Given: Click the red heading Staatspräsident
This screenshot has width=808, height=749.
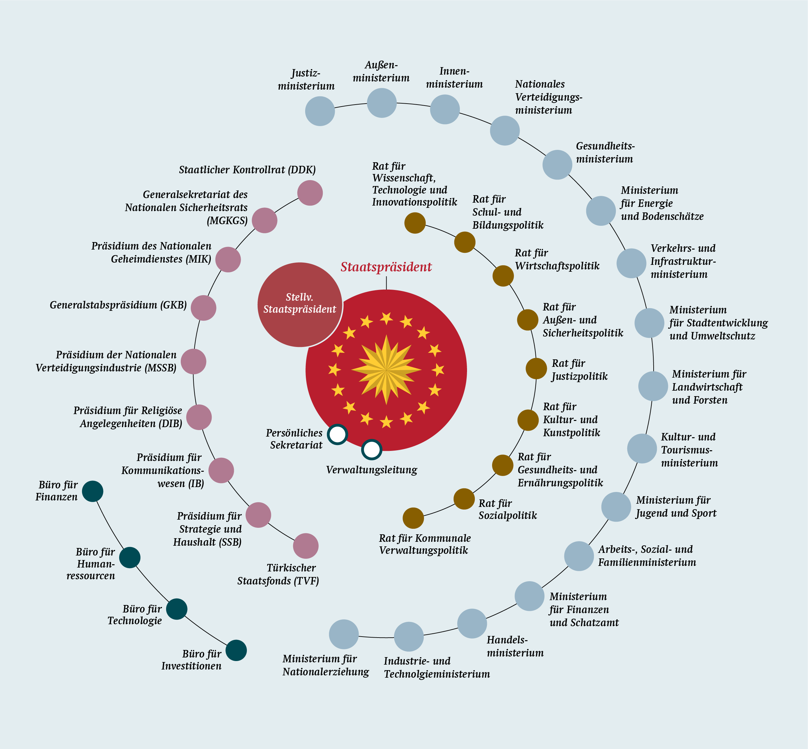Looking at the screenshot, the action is [x=386, y=267].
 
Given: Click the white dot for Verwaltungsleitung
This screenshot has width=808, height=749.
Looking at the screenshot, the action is [x=372, y=450].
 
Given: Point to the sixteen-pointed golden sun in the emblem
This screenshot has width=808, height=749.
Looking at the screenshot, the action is [x=386, y=370].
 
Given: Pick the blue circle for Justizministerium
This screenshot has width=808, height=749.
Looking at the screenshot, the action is [x=320, y=111].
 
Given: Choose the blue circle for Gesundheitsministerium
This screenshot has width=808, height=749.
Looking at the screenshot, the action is [x=557, y=165].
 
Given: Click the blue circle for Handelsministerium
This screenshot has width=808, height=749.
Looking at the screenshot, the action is [x=472, y=623].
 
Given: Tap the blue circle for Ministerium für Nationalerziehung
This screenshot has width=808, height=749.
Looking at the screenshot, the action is [x=344, y=634].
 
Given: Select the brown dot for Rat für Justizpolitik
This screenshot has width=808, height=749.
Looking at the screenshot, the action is [x=536, y=368].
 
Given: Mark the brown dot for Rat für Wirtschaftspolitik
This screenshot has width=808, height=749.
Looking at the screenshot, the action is [x=503, y=276].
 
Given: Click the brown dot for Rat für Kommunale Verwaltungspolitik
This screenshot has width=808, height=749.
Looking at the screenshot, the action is [x=413, y=518].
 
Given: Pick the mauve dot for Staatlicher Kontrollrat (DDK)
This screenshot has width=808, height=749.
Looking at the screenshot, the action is [x=310, y=193].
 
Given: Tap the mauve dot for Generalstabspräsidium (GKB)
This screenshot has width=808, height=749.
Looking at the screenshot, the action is [x=204, y=308].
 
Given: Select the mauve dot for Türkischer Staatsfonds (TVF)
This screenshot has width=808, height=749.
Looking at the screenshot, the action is [x=306, y=546].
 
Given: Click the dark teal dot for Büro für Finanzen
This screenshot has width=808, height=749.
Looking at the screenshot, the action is [x=92, y=491].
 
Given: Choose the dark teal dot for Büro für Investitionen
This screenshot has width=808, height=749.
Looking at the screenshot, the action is [x=236, y=651].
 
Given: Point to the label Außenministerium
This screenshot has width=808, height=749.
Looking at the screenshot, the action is [x=381, y=71].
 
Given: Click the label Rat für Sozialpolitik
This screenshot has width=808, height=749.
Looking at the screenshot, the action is [x=507, y=509].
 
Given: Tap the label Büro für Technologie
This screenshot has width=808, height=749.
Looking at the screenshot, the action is [x=135, y=614].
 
